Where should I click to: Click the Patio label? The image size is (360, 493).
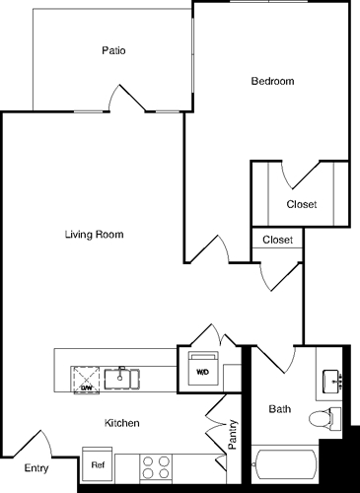[112, 50]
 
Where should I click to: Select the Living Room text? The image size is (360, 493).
[94, 235]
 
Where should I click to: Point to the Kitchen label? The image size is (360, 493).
[122, 423]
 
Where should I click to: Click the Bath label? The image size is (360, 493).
[280, 408]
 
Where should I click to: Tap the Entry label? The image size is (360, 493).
[36, 468]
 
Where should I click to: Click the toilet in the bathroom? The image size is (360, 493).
[323, 417]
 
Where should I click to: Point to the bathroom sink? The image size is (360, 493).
[332, 380]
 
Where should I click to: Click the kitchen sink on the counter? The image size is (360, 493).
[126, 376]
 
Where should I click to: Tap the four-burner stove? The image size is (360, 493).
[156, 465]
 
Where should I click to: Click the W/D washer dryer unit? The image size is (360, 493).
[202, 369]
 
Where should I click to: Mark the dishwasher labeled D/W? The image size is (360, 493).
[86, 376]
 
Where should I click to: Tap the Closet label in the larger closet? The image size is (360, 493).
[301, 204]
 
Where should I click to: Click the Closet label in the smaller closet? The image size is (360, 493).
[277, 239]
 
